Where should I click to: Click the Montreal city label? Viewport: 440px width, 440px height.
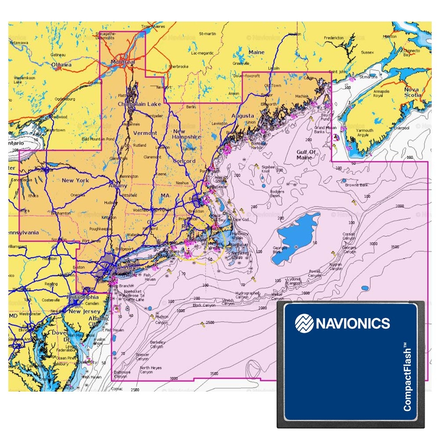click(x=123, y=62)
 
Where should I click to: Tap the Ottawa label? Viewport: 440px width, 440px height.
click(x=62, y=65)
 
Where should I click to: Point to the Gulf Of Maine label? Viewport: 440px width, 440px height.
click(x=306, y=154)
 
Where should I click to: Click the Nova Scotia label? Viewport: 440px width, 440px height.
click(x=412, y=92)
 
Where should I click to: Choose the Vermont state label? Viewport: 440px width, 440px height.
click(x=145, y=133)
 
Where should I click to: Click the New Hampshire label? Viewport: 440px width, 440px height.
click(x=187, y=134)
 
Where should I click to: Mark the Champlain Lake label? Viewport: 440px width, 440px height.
click(x=139, y=104)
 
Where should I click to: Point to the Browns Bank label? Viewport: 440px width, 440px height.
click(x=356, y=185)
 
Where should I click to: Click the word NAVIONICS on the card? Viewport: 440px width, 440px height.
click(x=352, y=323)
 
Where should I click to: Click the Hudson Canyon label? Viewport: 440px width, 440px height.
click(x=162, y=319)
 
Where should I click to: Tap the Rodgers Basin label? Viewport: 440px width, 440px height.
click(x=277, y=194)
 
